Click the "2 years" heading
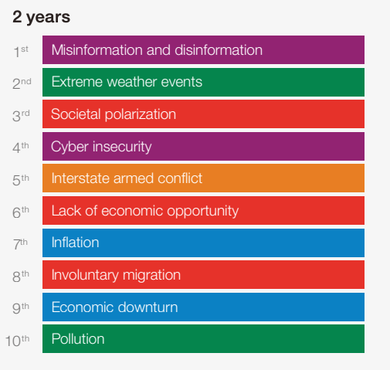pyautogui.click(x=41, y=17)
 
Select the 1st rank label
pyautogui.click(x=21, y=52)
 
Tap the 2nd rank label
pyautogui.click(x=22, y=83)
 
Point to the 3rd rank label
pyautogui.click(x=21, y=116)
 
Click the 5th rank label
pyautogui.click(x=21, y=180)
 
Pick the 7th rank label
pyautogui.click(x=20, y=244)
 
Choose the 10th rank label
pyautogui.click(x=17, y=341)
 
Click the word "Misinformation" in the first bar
pyautogui.click(x=97, y=49)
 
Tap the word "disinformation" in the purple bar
pyautogui.click(x=219, y=49)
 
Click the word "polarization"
pyautogui.click(x=141, y=114)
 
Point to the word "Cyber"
pyautogui.click(x=70, y=147)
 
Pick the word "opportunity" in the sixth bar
pyautogui.click(x=203, y=211)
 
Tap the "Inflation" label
pyautogui.click(x=75, y=243)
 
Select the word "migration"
pyautogui.click(x=151, y=275)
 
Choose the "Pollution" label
pyautogui.click(x=78, y=338)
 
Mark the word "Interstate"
pyautogui.click(x=80, y=178)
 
